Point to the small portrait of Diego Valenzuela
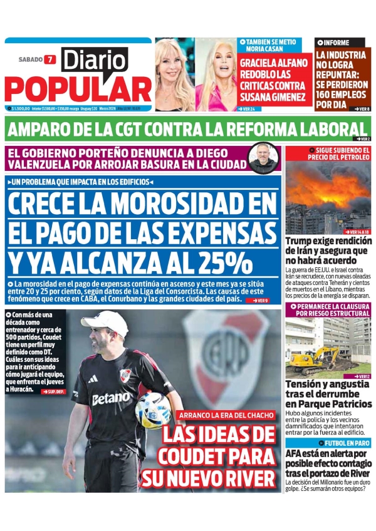263,157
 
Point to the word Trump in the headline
301,241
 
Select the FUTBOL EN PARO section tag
331,443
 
